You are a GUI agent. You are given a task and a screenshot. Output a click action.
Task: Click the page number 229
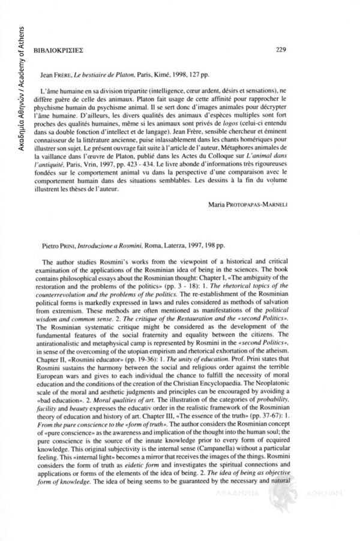281,51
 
